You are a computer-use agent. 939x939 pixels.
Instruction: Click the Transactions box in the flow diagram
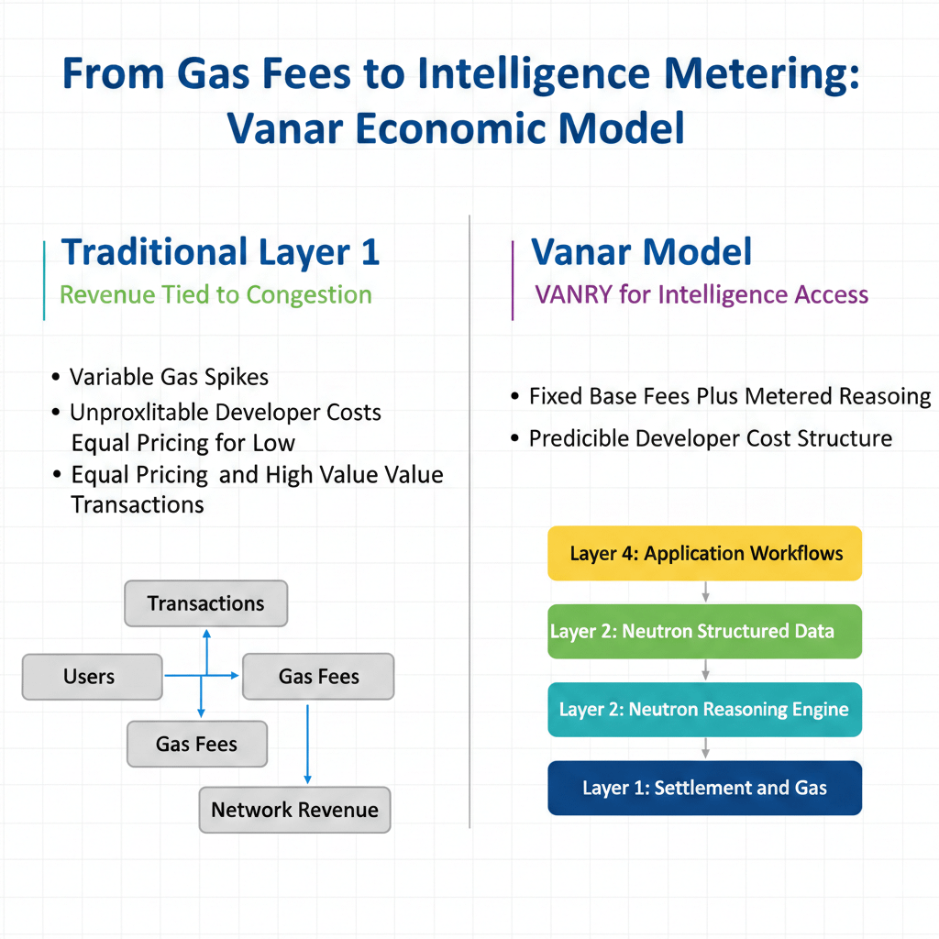205,603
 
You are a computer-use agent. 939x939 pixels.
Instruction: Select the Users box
91,677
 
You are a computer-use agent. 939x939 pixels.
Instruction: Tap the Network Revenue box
294,810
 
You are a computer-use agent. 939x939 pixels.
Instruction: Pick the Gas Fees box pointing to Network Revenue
317,677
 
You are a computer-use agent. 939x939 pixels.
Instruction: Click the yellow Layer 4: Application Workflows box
704,553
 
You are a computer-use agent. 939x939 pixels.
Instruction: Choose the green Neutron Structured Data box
704,631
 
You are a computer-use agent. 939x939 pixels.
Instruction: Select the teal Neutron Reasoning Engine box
704,709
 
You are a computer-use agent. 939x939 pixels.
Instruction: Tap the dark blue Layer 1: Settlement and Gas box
704,788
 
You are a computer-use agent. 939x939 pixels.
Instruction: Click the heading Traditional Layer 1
220,251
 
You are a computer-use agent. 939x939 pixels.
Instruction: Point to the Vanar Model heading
642,251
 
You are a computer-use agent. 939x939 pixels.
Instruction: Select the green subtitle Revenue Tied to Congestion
215,294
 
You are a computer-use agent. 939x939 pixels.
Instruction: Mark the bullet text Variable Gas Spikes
169,377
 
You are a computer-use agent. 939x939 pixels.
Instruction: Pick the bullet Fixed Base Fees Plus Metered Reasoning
730,396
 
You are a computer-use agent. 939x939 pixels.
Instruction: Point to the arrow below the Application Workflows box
704,591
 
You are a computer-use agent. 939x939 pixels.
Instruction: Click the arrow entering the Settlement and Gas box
704,748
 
